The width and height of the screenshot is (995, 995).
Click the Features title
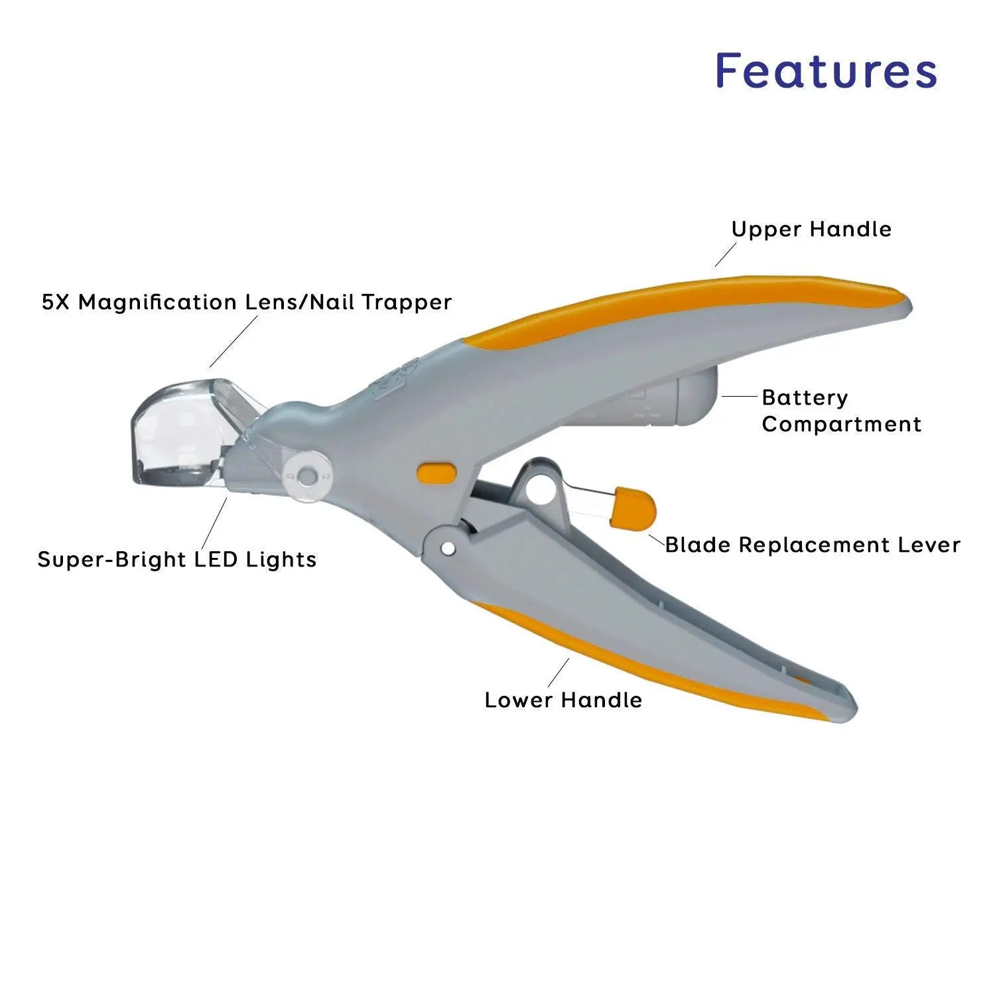826,70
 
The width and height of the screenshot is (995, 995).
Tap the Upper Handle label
811,230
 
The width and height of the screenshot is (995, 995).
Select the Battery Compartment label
841,411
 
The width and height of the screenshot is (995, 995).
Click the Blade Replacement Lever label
813,545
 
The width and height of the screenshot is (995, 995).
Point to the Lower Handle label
563,700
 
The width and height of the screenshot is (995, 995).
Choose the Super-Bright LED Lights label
176,559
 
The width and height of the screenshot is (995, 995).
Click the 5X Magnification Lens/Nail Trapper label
246,302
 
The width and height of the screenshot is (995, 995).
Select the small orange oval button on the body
437,472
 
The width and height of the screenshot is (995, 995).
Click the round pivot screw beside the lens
307,476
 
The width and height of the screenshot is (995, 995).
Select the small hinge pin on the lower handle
448,549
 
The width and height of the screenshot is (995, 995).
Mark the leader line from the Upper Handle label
726,255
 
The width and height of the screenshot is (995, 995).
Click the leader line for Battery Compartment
739,397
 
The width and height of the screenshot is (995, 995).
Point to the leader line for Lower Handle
559,673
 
